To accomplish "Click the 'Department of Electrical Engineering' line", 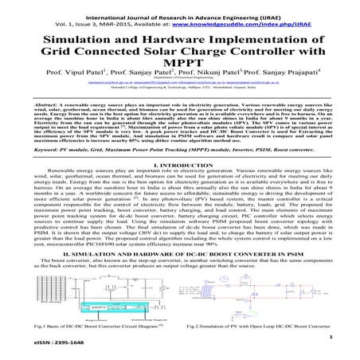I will click(x=179, y=94).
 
